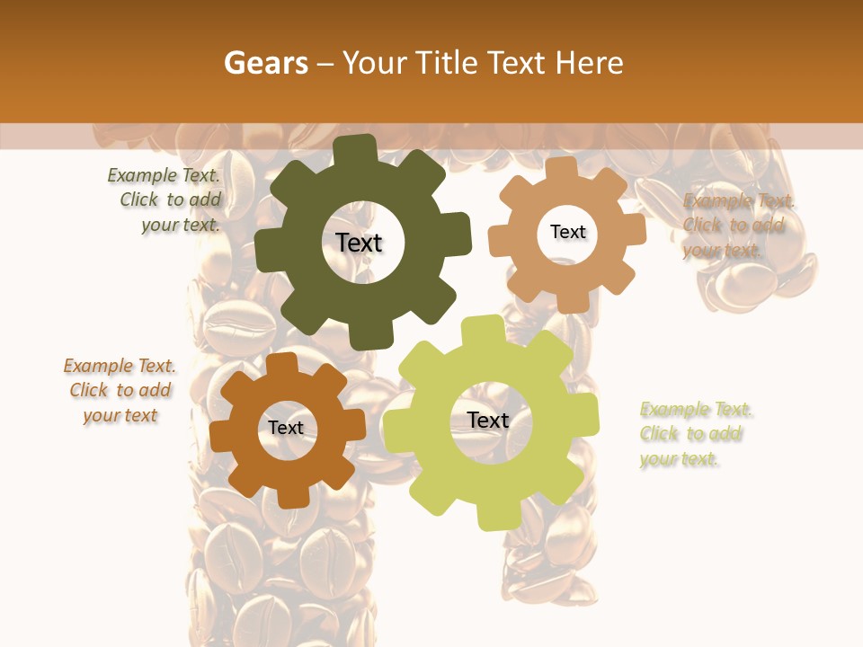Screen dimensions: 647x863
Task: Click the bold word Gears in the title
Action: pos(265,63)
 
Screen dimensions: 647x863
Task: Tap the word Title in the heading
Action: pos(449,63)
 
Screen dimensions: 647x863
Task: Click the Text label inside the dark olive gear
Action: pos(359,243)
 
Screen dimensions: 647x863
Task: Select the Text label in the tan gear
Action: pos(567,232)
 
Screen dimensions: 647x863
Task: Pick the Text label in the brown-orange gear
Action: pos(286,428)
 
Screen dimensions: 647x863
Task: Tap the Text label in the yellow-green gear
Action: pos(488,420)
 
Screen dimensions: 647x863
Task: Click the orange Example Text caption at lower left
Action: pos(120,391)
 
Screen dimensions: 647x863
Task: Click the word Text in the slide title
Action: pos(517,63)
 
